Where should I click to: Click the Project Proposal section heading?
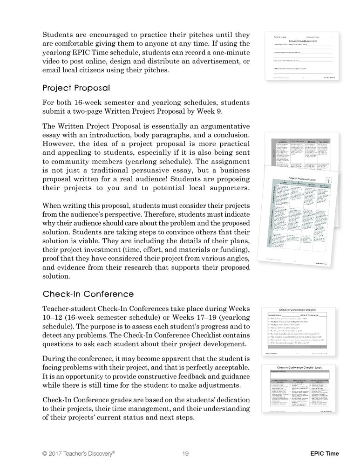pos(76,88)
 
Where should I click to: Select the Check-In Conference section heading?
pos(88,294)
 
